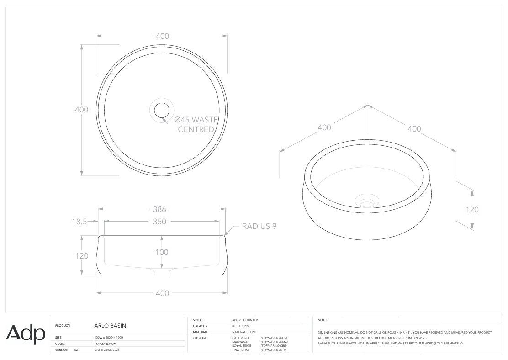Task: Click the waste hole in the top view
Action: coord(162,110)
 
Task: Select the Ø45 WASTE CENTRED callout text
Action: coord(196,124)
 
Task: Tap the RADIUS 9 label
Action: coord(259,226)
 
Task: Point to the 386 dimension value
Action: coord(159,209)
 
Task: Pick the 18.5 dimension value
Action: coord(79,222)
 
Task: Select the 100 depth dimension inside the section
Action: coord(162,252)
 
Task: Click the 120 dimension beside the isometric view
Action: coord(472,210)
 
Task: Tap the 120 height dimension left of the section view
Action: coord(82,256)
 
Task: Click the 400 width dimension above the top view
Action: coord(162,36)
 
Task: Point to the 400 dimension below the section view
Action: coord(162,293)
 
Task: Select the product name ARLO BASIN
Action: coord(110,326)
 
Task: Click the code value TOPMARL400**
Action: coord(106,344)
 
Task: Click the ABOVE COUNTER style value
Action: coord(245,320)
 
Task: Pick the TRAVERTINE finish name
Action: coord(241,350)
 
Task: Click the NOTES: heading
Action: coord(323,320)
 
